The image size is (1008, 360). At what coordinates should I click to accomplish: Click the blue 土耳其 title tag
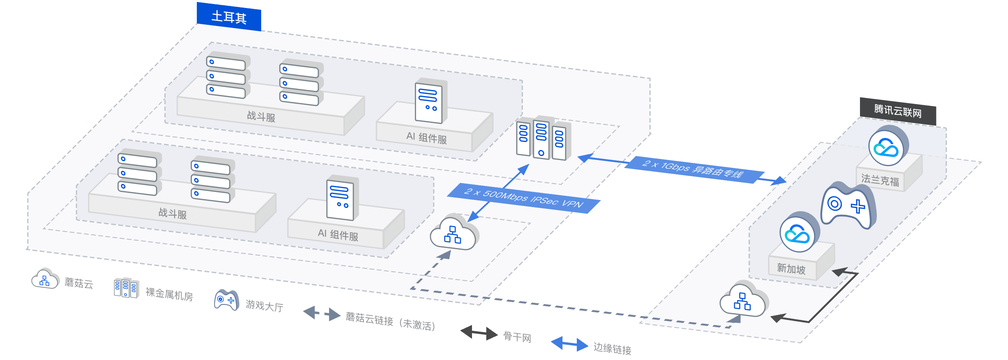(x=229, y=17)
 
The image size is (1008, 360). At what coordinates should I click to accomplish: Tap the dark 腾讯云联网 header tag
(x=898, y=111)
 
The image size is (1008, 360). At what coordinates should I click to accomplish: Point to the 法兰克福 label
(x=880, y=180)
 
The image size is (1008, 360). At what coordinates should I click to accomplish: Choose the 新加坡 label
(x=791, y=268)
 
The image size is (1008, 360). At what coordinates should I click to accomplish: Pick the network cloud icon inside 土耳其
(x=453, y=234)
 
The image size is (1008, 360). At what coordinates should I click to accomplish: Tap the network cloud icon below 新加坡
(x=742, y=301)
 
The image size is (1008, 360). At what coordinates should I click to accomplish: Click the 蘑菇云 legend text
(x=79, y=284)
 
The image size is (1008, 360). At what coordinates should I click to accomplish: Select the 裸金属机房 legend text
(x=169, y=295)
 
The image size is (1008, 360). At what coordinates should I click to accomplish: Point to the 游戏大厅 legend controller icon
(x=226, y=300)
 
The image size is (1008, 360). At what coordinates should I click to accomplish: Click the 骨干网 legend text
(x=517, y=337)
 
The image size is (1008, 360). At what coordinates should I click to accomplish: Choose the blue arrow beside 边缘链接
(x=569, y=344)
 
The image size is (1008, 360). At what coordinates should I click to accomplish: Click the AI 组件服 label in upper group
(x=426, y=138)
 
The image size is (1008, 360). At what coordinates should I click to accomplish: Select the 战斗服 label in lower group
(x=173, y=213)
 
